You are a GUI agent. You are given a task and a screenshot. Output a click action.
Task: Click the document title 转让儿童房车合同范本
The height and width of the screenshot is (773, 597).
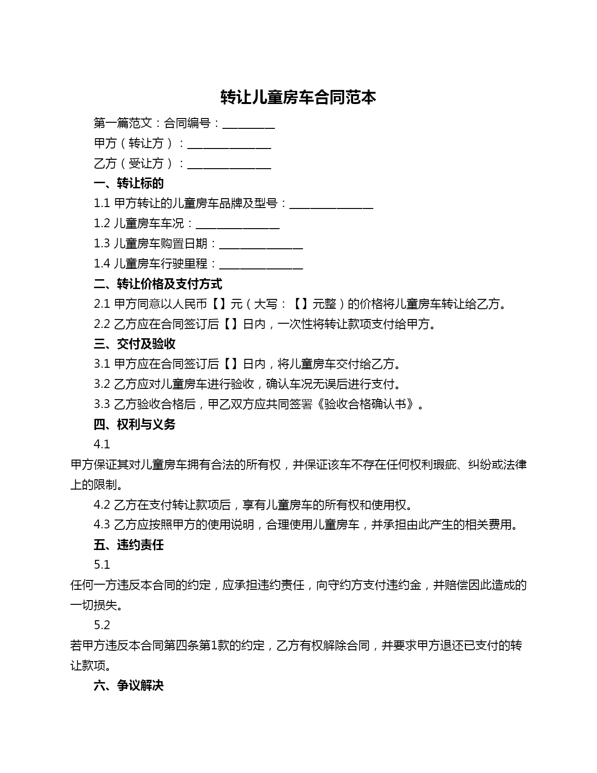(x=298, y=97)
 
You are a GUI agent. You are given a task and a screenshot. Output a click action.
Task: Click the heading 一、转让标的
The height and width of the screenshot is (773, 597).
(x=129, y=183)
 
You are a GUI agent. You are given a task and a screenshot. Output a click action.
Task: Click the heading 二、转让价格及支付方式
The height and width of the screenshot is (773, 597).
(x=158, y=284)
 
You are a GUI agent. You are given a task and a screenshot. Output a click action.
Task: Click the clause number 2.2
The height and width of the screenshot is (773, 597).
(x=102, y=324)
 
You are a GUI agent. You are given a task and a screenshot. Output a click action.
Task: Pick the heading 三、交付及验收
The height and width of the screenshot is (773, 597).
(x=134, y=344)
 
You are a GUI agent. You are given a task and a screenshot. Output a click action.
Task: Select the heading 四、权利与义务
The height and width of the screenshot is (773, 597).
(x=134, y=424)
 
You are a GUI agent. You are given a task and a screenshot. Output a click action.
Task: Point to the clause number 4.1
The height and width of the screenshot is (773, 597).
(x=102, y=444)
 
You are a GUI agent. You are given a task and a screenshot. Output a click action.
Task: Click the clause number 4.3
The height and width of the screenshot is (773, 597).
(x=102, y=525)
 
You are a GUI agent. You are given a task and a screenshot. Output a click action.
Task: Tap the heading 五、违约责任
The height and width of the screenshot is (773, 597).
(x=129, y=545)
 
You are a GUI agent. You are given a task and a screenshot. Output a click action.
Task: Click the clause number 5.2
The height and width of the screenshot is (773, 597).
(x=102, y=625)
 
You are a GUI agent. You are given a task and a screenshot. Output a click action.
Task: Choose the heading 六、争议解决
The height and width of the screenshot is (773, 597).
(x=129, y=686)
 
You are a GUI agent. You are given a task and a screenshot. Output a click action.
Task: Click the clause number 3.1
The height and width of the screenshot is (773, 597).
(x=102, y=364)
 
